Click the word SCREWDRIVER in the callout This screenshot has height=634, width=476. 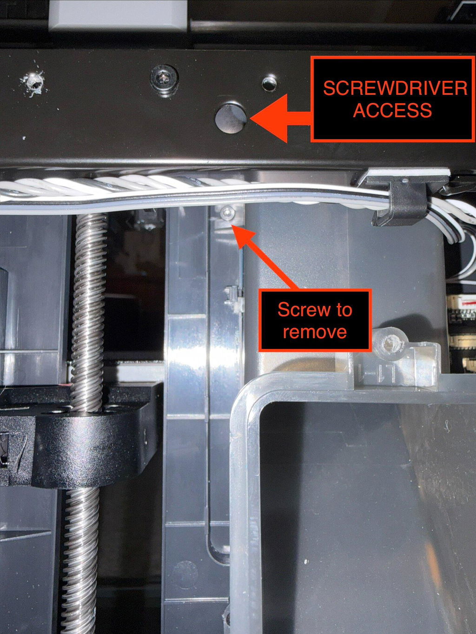(x=395, y=88)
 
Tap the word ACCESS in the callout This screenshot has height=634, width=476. (x=392, y=110)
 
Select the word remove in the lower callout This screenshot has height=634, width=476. (x=315, y=332)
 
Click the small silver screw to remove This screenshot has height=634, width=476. (x=227, y=213)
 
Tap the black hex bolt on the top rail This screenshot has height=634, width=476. (x=164, y=78)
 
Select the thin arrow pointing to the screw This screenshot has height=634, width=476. (x=265, y=257)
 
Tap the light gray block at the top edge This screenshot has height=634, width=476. (x=118, y=14)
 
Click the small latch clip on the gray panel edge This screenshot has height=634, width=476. (x=233, y=299)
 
